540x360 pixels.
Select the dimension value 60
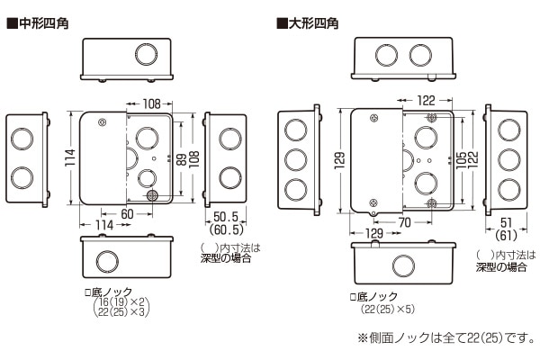(x=127, y=212)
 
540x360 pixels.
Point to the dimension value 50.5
(x=229, y=217)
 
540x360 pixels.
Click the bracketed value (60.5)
(x=229, y=231)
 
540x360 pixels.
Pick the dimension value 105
(x=459, y=159)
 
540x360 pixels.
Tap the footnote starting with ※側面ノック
(x=441, y=340)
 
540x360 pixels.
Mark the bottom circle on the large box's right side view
(x=508, y=189)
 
